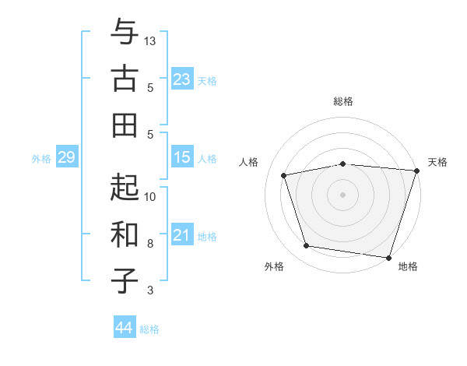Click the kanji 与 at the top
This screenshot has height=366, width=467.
coord(125,33)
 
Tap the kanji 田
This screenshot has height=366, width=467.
coord(125,124)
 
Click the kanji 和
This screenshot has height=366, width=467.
coord(125,234)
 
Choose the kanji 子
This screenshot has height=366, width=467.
coord(125,280)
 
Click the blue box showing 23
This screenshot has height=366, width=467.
coord(181,79)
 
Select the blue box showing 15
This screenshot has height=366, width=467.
coord(181,157)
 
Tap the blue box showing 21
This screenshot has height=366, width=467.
coord(181,235)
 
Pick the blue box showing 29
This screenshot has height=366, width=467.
coord(66,157)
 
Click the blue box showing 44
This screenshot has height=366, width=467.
coord(124,328)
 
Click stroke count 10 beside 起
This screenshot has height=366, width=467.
coord(150,196)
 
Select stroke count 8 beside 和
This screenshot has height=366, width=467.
coord(150,243)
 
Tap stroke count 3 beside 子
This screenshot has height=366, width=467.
coord(150,290)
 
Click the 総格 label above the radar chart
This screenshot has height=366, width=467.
coord(342,101)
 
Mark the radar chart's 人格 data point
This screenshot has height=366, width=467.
coord(284,175)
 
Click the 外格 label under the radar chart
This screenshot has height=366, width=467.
coord(274,267)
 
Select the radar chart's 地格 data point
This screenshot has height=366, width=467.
coord(388,257)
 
